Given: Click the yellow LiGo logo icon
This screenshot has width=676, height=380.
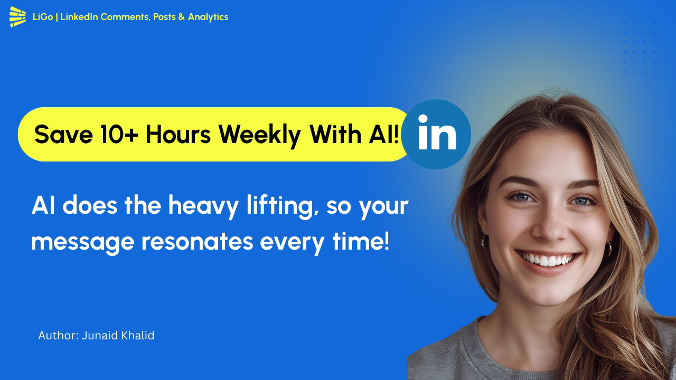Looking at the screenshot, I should click(17, 17).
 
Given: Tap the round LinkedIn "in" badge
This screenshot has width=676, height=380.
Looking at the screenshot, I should click(436, 134).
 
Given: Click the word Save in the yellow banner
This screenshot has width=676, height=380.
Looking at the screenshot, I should click(63, 135).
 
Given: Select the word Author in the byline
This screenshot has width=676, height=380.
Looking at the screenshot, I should click(57, 336).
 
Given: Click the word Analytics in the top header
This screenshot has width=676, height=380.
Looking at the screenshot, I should click(208, 17).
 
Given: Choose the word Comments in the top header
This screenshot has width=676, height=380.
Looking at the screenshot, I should click(124, 17).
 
